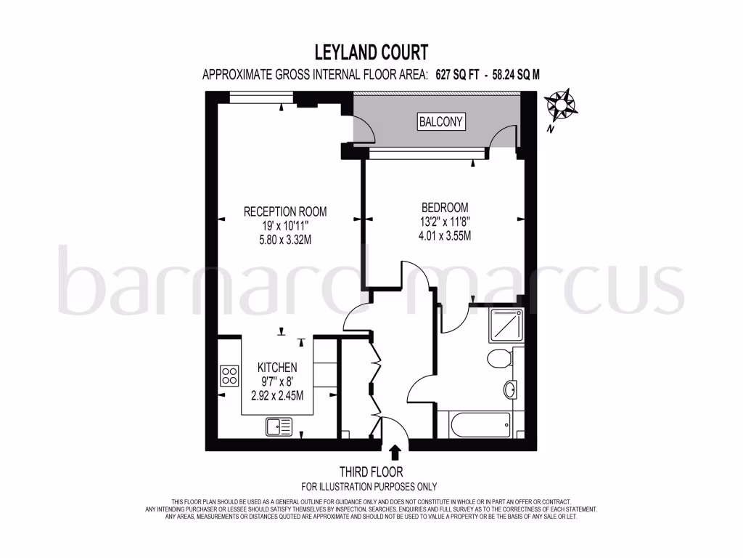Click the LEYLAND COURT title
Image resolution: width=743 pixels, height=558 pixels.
[x=371, y=52]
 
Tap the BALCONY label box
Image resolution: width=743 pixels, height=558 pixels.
[x=441, y=121]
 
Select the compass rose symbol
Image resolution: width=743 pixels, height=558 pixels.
[x=562, y=105]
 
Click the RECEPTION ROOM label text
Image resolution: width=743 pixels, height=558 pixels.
[x=284, y=212]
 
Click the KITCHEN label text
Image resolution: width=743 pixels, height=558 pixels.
[x=277, y=368]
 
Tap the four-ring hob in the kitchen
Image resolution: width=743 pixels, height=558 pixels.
[x=230, y=376]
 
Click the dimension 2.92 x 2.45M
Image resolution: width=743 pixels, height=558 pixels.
[x=277, y=396]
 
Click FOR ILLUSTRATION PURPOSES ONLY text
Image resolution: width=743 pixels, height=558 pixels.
[x=369, y=487]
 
